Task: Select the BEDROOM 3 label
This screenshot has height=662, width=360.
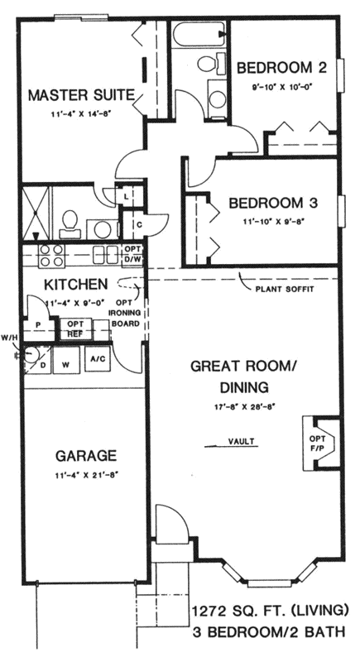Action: tap(273, 202)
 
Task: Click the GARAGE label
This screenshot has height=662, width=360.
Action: tap(85, 455)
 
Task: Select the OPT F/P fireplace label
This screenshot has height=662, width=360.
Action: tap(316, 443)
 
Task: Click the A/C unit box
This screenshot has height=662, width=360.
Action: tap(97, 359)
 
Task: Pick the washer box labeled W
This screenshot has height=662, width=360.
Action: tap(66, 361)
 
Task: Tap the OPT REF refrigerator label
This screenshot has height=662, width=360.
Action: tap(74, 328)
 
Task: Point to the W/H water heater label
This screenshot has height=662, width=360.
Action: tap(9, 337)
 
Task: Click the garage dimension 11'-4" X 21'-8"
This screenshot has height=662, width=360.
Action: tap(85, 476)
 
